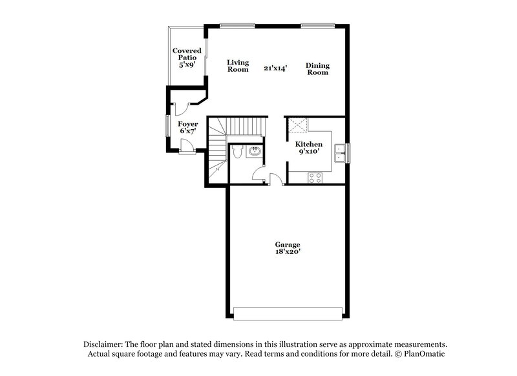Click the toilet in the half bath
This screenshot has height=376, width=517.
point(238,152)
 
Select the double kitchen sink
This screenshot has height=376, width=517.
point(339,153)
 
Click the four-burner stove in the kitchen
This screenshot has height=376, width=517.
point(316,177)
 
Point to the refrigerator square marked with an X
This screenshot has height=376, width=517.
point(297,125)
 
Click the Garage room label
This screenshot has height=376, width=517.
point(288,245)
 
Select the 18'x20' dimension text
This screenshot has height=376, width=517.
point(288,253)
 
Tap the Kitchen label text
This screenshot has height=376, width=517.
point(309,144)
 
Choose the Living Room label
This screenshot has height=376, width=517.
point(238,66)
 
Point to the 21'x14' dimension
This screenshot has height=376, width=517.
point(275,67)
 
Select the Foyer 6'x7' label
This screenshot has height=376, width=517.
point(187,127)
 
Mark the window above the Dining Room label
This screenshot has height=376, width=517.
point(314,25)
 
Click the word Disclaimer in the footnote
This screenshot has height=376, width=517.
point(104,345)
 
